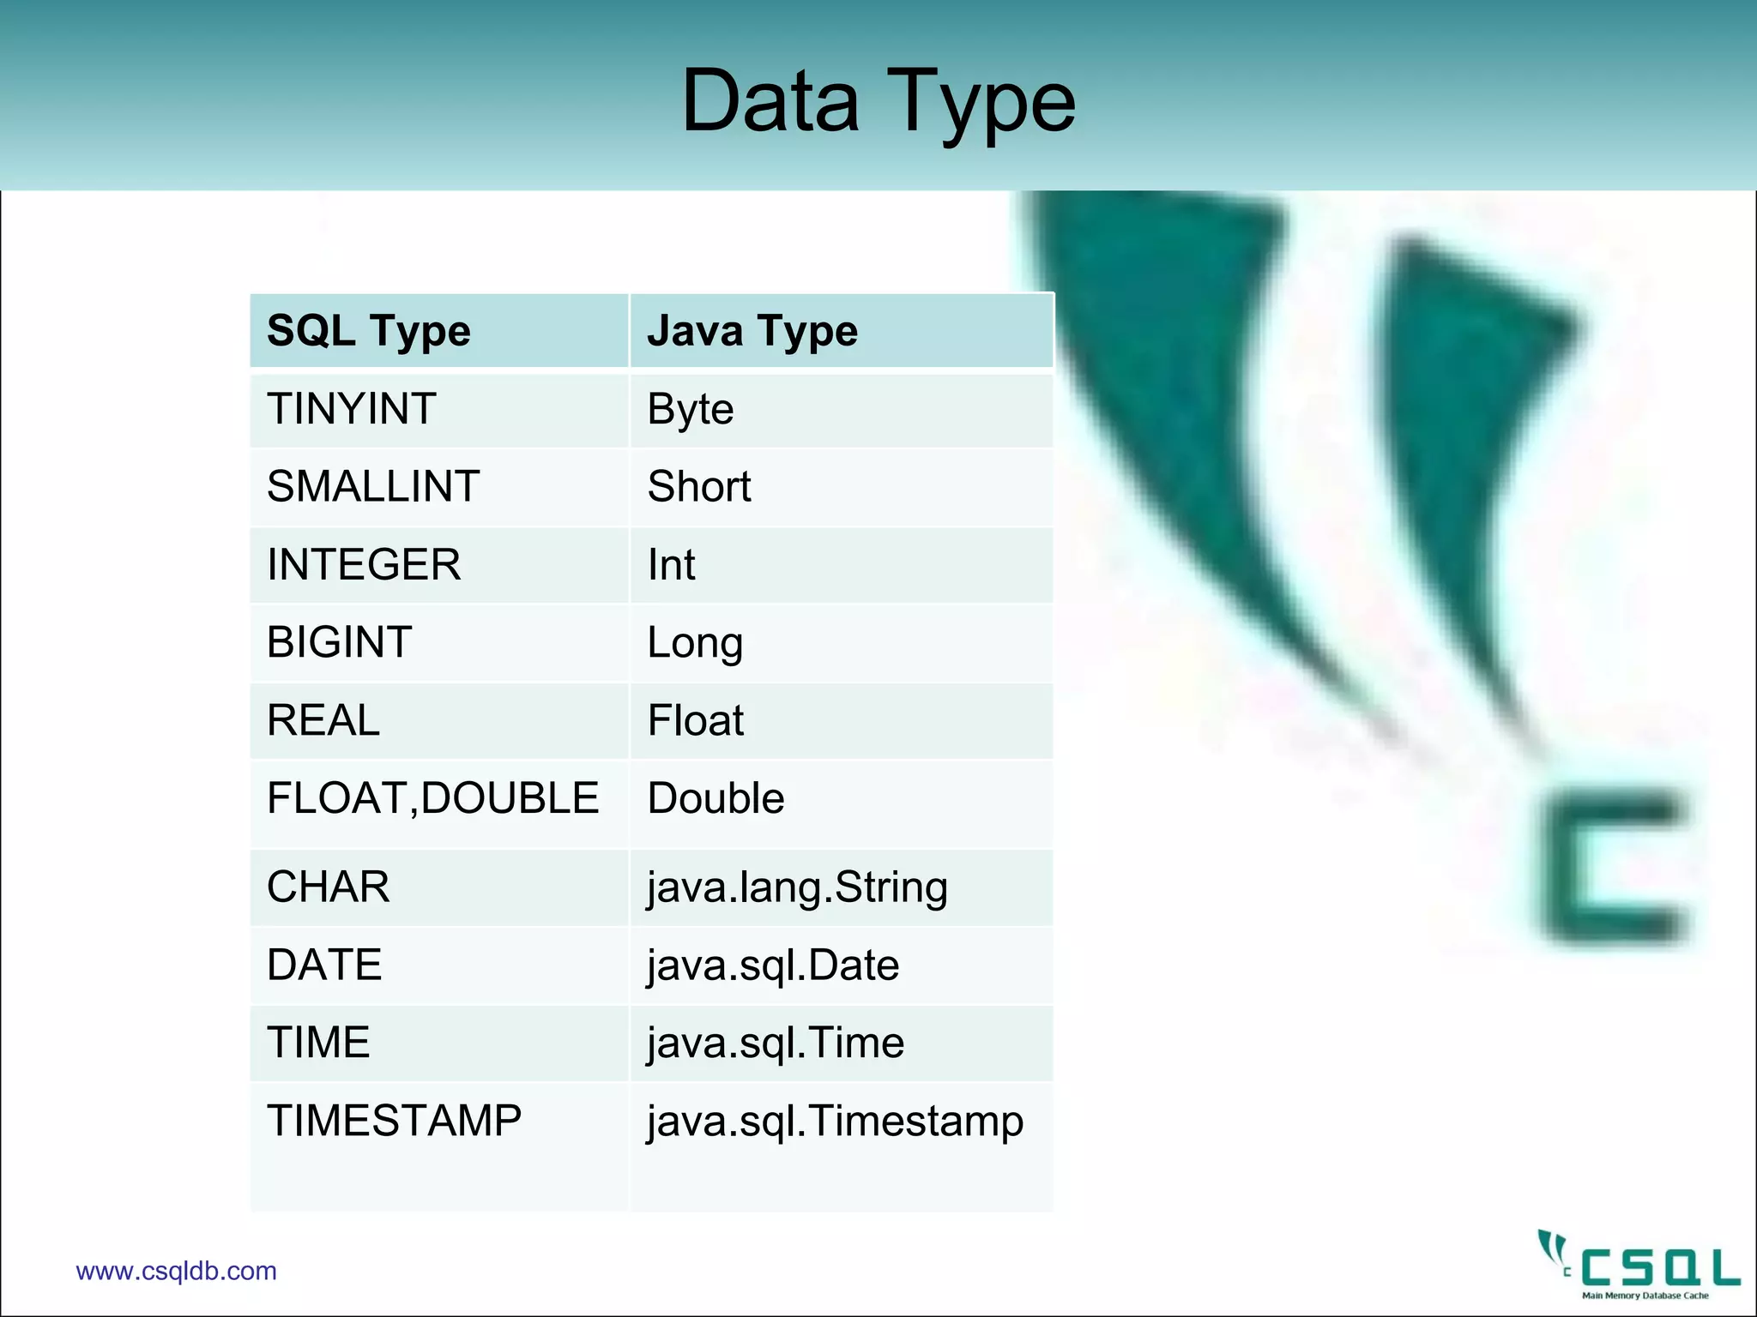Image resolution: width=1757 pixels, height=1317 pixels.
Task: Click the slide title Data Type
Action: click(x=878, y=101)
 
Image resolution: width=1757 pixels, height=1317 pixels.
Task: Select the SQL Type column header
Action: click(x=369, y=331)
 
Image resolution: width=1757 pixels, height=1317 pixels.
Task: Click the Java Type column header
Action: click(x=752, y=331)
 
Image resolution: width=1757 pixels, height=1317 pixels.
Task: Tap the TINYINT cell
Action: click(x=352, y=409)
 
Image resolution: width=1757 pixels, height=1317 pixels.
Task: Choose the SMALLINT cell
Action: click(x=373, y=487)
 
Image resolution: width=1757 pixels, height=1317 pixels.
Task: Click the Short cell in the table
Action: click(x=699, y=487)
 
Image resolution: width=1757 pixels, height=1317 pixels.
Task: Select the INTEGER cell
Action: click(x=364, y=565)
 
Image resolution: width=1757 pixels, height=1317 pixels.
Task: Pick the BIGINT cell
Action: click(x=340, y=642)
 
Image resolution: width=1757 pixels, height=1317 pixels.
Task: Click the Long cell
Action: click(x=695, y=643)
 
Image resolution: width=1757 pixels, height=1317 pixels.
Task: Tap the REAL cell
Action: click(x=323, y=720)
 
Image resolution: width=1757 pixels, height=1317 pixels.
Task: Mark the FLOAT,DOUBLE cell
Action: click(x=432, y=798)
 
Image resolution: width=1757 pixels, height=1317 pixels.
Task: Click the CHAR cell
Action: click(x=329, y=887)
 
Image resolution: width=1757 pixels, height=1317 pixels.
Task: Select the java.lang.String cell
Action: click(x=797, y=887)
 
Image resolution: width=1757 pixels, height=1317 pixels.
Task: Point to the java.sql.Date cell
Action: click(x=773, y=965)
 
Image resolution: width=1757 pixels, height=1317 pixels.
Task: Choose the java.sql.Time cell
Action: click(x=776, y=1043)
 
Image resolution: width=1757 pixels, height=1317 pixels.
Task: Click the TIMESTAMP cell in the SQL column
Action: click(x=394, y=1121)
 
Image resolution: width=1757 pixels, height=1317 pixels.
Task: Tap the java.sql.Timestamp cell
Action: click(x=835, y=1122)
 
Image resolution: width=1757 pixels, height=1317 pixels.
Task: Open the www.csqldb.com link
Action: click(x=177, y=1271)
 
